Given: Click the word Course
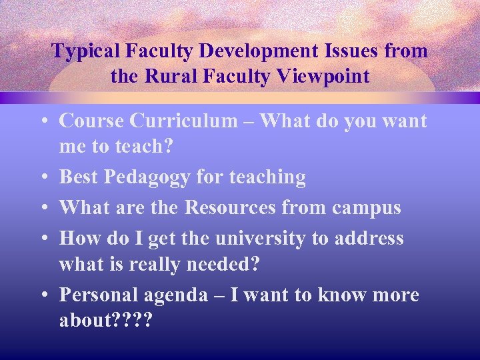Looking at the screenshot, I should click(x=91, y=121).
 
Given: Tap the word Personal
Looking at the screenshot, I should click(x=100, y=294).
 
